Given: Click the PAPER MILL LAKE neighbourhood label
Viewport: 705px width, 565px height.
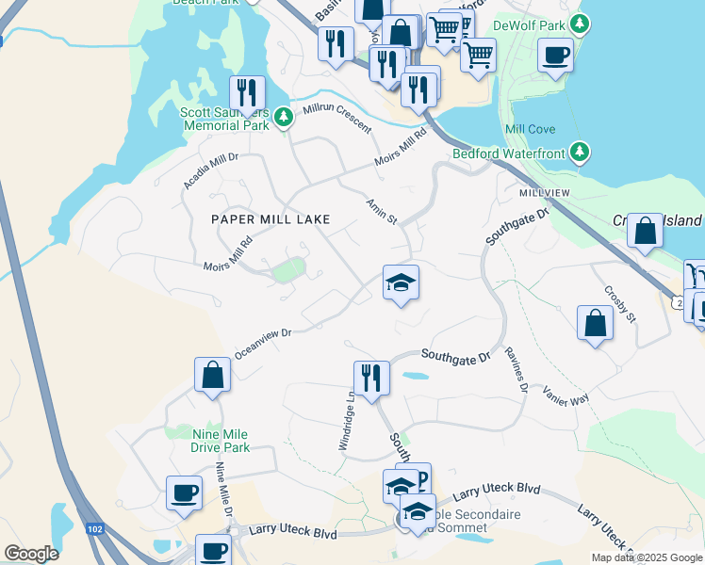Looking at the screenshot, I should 271,219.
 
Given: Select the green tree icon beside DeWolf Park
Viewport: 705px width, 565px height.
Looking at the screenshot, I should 582,24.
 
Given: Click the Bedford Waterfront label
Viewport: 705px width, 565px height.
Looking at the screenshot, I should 508,153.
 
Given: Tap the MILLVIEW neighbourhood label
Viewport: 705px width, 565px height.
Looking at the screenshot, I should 545,192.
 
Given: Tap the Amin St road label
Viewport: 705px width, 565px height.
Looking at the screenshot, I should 382,211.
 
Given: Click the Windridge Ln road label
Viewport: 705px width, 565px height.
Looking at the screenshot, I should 346,419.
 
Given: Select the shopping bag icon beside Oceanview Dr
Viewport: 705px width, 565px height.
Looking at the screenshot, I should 213,375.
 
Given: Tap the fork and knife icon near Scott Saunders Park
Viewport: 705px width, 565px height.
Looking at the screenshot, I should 247,92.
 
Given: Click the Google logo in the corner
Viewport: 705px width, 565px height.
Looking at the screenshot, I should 32,554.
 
